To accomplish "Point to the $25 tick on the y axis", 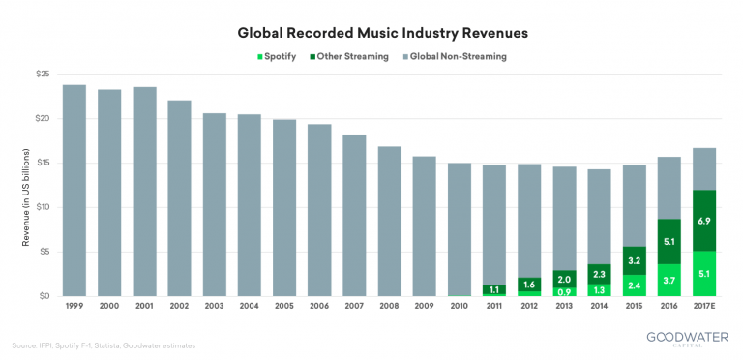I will click(x=43, y=75).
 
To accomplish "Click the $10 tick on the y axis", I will click(x=43, y=207).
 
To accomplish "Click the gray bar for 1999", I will click(x=74, y=190).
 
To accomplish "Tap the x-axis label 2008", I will click(x=388, y=307).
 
